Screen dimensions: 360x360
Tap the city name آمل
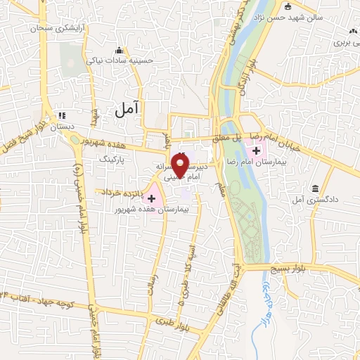pyautogui.click(x=128, y=107)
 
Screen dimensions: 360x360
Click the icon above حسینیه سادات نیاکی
pyautogui.click(x=119, y=51)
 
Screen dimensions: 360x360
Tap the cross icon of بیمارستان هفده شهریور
pyautogui.click(x=151, y=199)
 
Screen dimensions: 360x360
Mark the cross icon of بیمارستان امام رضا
pyautogui.click(x=257, y=150)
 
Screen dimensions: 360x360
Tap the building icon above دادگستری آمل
pyautogui.click(x=314, y=189)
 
